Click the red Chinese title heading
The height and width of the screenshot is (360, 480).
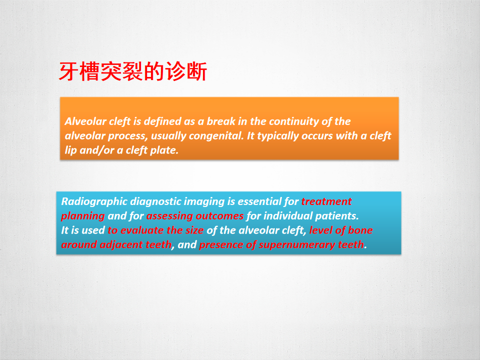(133, 71)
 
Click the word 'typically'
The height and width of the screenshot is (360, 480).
(278, 136)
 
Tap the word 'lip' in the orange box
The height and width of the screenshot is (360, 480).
(70, 150)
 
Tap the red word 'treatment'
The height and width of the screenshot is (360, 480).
(326, 201)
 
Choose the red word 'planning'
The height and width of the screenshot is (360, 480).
(83, 216)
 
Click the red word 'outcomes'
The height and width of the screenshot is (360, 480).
(219, 216)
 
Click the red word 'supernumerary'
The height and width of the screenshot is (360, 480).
(297, 245)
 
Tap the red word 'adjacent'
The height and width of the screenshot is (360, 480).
(121, 245)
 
